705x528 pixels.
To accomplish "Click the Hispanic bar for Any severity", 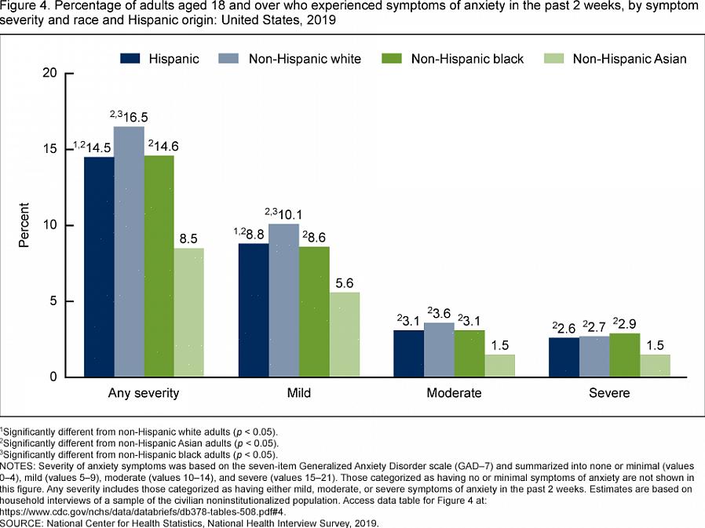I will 98,267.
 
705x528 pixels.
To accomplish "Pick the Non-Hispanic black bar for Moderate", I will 469,354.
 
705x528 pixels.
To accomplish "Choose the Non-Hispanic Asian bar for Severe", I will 655,366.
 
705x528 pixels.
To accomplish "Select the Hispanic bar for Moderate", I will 407,354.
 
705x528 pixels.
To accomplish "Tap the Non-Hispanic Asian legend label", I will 630,59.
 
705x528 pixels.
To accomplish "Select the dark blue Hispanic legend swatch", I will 130,59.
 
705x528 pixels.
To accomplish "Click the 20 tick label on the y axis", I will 49,73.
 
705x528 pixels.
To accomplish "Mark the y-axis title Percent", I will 24,225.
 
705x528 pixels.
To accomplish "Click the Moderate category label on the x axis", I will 455,392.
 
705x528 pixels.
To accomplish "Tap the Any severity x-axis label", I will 144,392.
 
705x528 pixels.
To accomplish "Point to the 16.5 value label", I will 133,118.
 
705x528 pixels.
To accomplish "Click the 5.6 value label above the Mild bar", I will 344,283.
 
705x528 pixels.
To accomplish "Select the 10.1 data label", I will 287,214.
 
